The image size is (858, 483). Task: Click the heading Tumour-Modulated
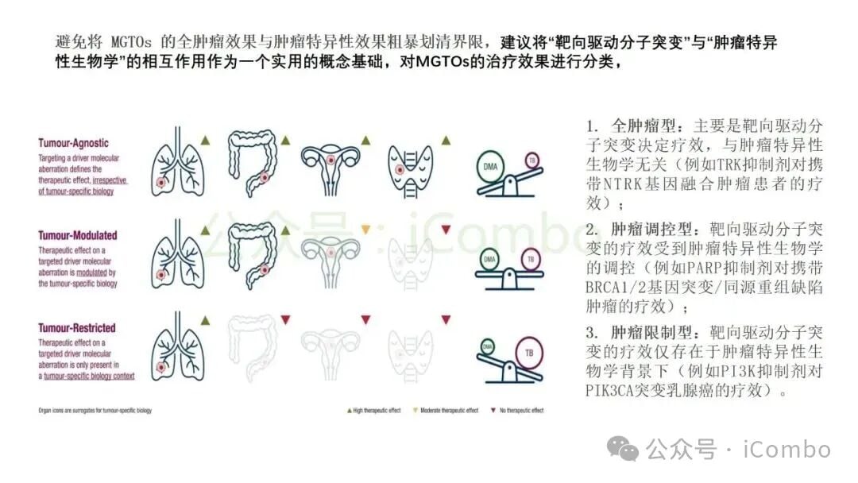point(78,235)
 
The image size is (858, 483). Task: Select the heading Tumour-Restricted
point(77,327)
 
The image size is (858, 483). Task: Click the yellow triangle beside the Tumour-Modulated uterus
point(365,230)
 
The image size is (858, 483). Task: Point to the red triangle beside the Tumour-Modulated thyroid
point(446,230)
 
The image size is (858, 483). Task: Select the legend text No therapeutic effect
point(521,411)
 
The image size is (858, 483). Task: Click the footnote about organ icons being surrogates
point(95,411)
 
